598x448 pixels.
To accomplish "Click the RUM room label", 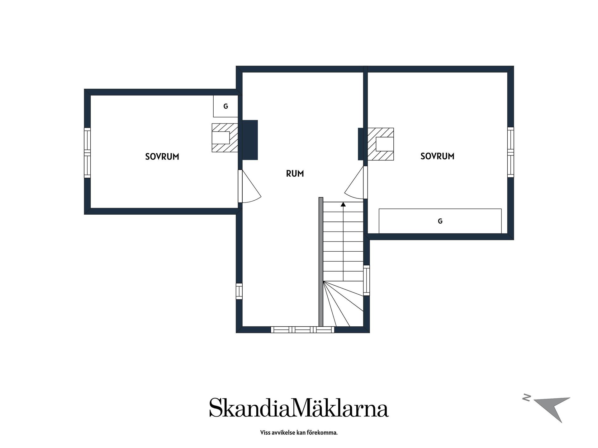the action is (x=295, y=174).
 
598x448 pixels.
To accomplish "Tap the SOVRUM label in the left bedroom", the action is (x=162, y=156).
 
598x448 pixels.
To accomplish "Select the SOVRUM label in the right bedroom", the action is (x=437, y=156).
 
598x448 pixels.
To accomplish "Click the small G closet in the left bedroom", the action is (x=225, y=106).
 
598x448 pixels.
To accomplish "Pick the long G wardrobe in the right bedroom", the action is (x=440, y=221).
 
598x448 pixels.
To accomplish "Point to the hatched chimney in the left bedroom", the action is (x=225, y=138).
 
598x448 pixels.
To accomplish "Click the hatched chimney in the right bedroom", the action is (x=381, y=144).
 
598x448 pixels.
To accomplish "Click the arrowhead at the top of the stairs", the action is (x=343, y=204).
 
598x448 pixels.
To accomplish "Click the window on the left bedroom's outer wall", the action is (x=87, y=153).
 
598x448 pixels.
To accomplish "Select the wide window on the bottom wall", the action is (x=302, y=330).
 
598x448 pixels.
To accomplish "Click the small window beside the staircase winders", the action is (x=367, y=280).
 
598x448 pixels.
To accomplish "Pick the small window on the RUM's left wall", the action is (x=239, y=291).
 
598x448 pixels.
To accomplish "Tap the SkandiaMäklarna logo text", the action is (x=299, y=407).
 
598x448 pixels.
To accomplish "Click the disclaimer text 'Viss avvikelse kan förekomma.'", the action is (x=299, y=432).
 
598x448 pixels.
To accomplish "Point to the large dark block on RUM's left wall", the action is (x=250, y=140).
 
